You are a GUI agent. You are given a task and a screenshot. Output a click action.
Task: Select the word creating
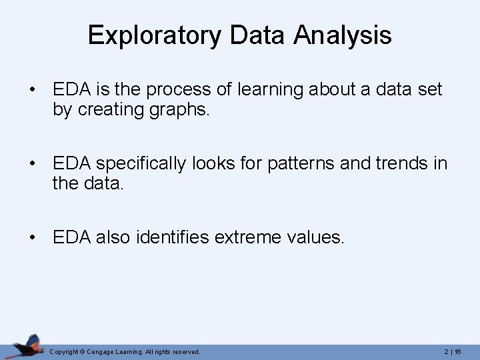[114, 109]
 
